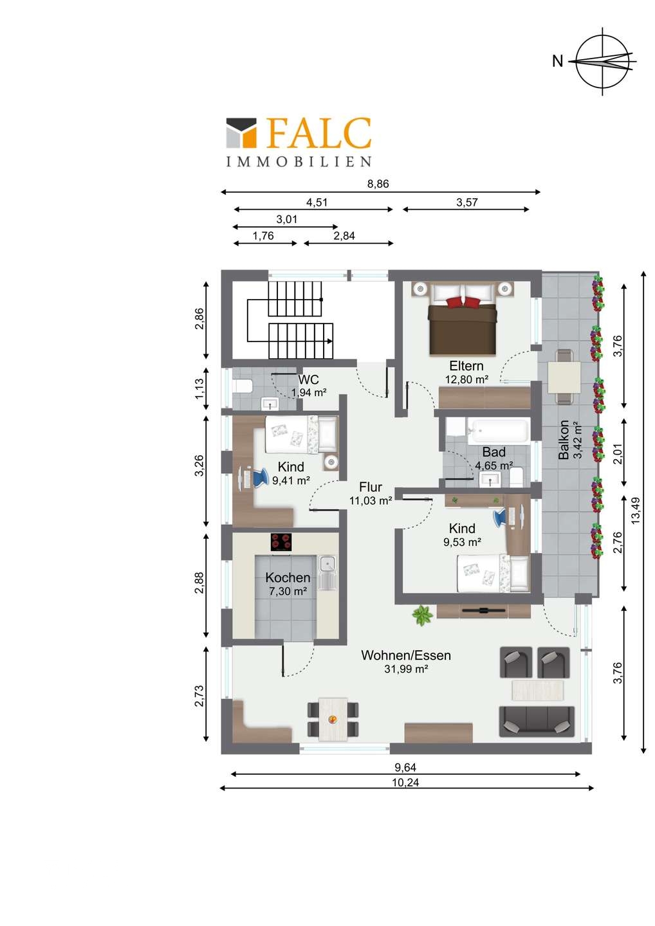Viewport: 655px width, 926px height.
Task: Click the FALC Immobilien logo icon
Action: (241, 132)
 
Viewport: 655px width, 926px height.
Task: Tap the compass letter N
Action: (557, 62)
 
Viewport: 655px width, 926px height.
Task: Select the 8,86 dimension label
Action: (378, 183)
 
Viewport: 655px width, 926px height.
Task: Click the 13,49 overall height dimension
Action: (636, 511)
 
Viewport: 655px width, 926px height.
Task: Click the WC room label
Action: (308, 379)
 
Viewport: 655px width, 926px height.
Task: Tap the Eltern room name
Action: (466, 366)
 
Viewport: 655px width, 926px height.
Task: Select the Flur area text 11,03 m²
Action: (371, 501)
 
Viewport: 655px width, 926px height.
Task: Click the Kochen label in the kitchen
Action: (288, 577)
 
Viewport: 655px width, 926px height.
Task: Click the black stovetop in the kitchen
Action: (281, 542)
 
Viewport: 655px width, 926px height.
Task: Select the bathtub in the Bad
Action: (499, 431)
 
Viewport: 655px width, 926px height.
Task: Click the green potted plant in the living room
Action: (423, 616)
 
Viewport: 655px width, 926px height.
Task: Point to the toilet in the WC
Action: (243, 386)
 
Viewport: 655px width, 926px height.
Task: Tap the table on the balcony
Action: (564, 377)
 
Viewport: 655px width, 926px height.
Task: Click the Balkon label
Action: (563, 440)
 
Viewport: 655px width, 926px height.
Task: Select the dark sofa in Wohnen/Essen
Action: (537, 722)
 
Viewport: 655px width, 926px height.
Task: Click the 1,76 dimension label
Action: (263, 235)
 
